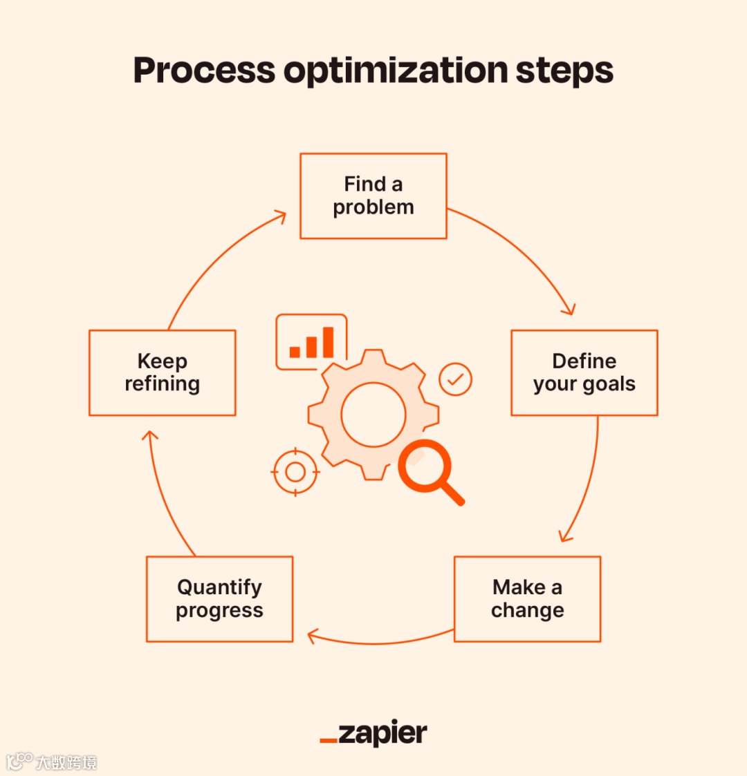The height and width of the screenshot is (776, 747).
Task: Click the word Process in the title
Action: pyautogui.click(x=204, y=70)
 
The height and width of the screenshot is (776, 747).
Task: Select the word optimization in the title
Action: pyautogui.click(x=396, y=72)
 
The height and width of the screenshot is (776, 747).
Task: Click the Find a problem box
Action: pyautogui.click(x=373, y=196)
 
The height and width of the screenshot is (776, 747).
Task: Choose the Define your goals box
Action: pyautogui.click(x=584, y=373)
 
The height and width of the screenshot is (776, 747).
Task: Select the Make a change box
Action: pyautogui.click(x=527, y=599)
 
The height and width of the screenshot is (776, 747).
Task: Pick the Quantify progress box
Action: pyautogui.click(x=219, y=599)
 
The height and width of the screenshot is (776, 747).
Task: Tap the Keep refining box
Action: pyautogui.click(x=163, y=373)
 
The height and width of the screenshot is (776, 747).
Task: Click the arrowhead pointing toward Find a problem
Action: pyautogui.click(x=280, y=217)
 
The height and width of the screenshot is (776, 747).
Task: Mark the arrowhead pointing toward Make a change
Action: pyautogui.click(x=565, y=536)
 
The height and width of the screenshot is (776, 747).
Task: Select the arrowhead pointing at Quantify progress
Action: pyautogui.click(x=313, y=636)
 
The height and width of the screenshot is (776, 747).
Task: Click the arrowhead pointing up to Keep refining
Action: pyautogui.click(x=149, y=436)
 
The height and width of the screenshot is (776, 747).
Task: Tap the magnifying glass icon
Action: pyautogui.click(x=429, y=470)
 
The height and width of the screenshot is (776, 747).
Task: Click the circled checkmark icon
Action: pyautogui.click(x=455, y=379)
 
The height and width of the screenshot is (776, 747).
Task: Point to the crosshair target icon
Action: pyautogui.click(x=295, y=472)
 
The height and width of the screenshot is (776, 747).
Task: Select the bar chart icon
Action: pyautogui.click(x=311, y=343)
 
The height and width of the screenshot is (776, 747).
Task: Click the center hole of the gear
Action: pyautogui.click(x=373, y=415)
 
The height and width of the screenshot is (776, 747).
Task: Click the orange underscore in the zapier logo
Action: pyautogui.click(x=329, y=741)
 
